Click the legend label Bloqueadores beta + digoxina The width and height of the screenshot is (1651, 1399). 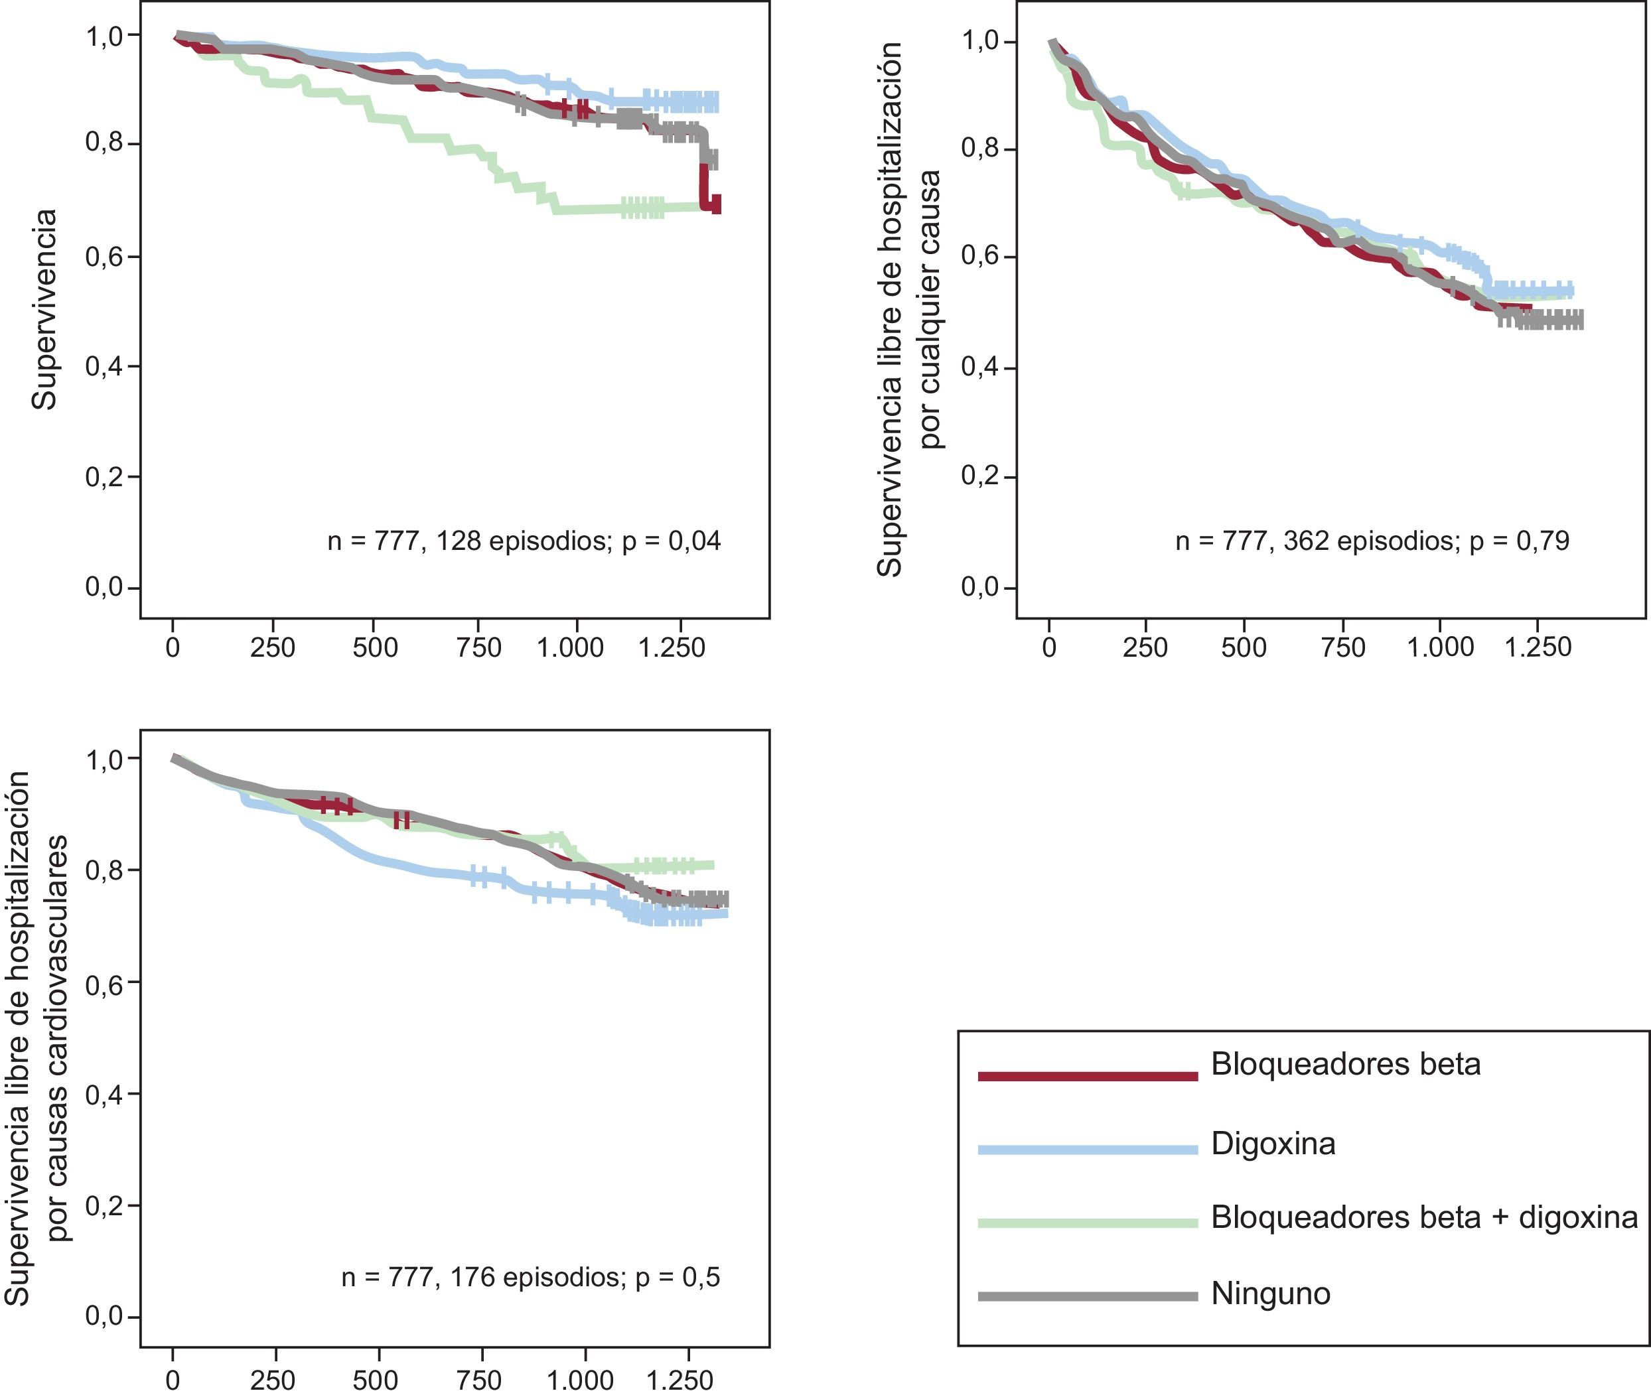(1424, 1217)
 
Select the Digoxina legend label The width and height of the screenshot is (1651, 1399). (1273, 1144)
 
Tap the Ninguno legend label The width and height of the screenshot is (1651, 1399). (1270, 1294)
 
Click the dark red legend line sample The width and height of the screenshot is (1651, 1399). (1087, 1076)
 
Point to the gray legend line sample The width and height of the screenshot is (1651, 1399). (1087, 1297)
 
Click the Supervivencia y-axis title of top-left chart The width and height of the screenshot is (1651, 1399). (44, 309)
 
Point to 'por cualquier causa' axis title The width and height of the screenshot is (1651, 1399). (930, 309)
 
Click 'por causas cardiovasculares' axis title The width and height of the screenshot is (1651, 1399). (57, 1039)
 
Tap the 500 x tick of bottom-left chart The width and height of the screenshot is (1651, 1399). (376, 1381)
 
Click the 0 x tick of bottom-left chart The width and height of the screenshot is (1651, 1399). (173, 1381)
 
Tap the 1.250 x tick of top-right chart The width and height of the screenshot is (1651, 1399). (1538, 648)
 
